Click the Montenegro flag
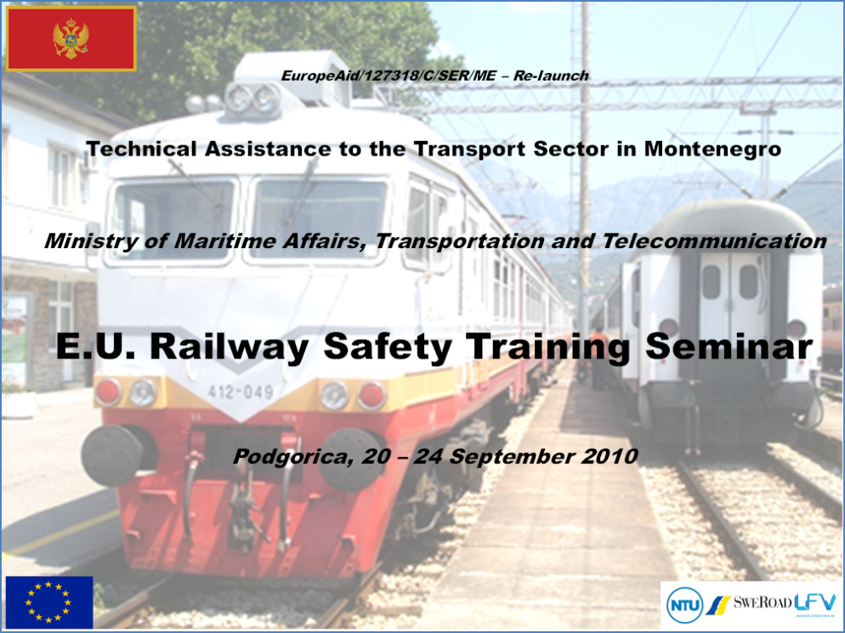click(x=71, y=39)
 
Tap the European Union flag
click(x=49, y=602)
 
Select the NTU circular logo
click(x=685, y=605)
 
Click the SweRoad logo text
click(x=762, y=602)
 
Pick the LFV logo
click(x=814, y=602)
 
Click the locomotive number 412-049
click(x=241, y=392)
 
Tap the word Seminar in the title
click(x=729, y=347)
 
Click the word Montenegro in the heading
click(x=712, y=149)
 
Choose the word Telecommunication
click(x=714, y=240)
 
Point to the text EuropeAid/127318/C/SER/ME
click(x=388, y=76)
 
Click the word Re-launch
click(x=551, y=76)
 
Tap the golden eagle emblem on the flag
click(x=71, y=38)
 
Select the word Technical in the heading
click(x=142, y=149)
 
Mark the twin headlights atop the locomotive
click(x=252, y=99)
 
